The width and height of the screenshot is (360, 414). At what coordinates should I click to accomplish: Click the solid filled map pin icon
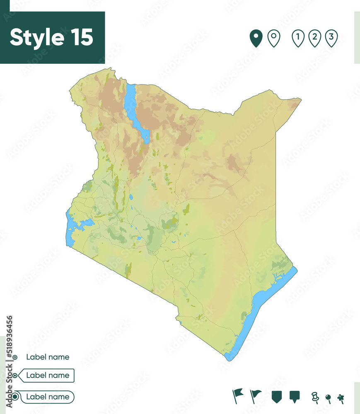[256, 38]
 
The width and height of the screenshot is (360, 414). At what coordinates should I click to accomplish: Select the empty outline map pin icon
[274, 38]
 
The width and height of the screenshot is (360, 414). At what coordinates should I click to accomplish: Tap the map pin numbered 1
[298, 38]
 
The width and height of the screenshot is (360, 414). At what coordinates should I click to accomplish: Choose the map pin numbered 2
[314, 38]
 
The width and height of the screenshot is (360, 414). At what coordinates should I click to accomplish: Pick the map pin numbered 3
[331, 38]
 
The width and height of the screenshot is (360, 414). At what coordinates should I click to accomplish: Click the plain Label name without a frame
[48, 357]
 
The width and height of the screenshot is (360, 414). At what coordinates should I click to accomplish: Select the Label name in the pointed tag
[48, 375]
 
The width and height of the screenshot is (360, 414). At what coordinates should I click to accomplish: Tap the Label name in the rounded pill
[48, 397]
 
